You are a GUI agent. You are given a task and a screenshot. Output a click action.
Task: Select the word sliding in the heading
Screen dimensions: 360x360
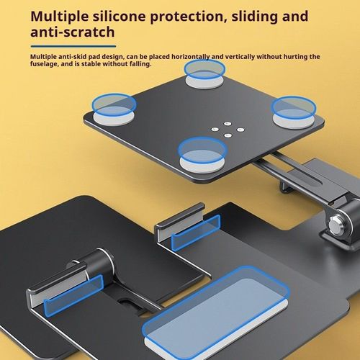(x=254, y=17)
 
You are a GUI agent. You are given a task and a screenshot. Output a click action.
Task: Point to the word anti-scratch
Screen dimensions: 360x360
(x=73, y=32)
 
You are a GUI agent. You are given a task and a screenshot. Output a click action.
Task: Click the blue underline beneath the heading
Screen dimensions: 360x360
(x=73, y=47)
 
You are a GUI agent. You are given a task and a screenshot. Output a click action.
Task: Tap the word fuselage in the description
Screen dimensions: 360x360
(x=45, y=64)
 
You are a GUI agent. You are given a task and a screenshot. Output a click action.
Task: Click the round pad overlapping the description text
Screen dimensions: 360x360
(x=204, y=74)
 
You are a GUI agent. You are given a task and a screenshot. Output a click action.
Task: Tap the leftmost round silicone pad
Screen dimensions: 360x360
(x=114, y=109)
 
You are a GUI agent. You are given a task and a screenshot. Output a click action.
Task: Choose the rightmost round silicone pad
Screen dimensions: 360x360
(x=294, y=112)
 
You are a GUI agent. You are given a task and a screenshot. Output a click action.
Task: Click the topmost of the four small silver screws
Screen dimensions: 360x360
(x=228, y=124)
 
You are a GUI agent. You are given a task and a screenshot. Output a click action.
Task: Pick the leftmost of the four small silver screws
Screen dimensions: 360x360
(x=215, y=130)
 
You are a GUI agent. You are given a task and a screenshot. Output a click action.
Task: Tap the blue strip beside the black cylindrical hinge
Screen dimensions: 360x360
(x=73, y=296)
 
